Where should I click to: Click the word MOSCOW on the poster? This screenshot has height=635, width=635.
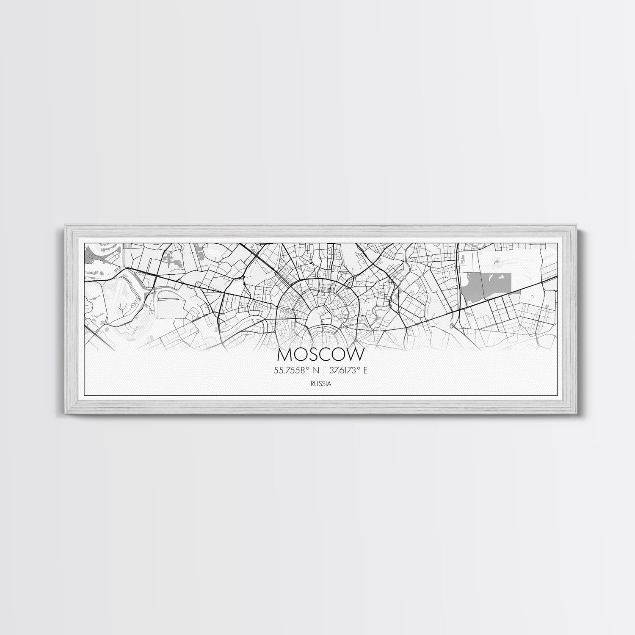tap(320, 353)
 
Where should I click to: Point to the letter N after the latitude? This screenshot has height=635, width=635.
tap(317, 370)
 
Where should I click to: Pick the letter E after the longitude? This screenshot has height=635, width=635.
tap(365, 370)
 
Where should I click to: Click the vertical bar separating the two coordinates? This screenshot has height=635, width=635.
tap(324, 370)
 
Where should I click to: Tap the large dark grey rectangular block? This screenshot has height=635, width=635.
tap(487, 286)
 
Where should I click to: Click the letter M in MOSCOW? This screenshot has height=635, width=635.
tap(285, 353)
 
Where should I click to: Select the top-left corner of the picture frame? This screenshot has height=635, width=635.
tap(62, 226)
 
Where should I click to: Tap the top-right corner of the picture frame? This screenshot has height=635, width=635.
tap(575, 226)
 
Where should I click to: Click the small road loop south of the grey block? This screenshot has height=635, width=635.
tap(452, 326)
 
